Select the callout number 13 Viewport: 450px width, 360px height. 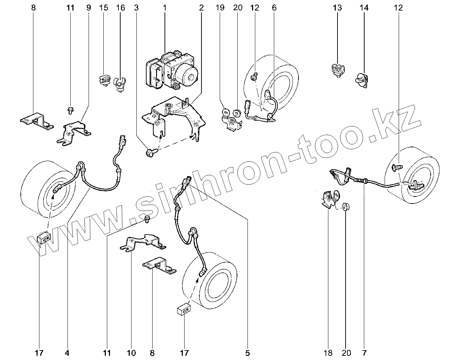point(337,7)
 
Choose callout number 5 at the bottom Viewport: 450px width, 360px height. point(247,353)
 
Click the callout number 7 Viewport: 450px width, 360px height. point(364,353)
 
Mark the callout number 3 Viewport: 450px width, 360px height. point(136,7)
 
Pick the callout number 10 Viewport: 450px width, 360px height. point(131,353)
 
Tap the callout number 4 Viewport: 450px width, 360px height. point(67,353)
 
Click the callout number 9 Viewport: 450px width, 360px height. point(88,7)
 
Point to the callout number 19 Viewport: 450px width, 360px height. point(220,7)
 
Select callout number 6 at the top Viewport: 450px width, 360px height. point(274,7)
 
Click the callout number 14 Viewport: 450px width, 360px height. point(364,7)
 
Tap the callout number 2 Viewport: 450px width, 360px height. point(201,7)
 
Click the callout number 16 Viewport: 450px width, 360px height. point(120,7)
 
